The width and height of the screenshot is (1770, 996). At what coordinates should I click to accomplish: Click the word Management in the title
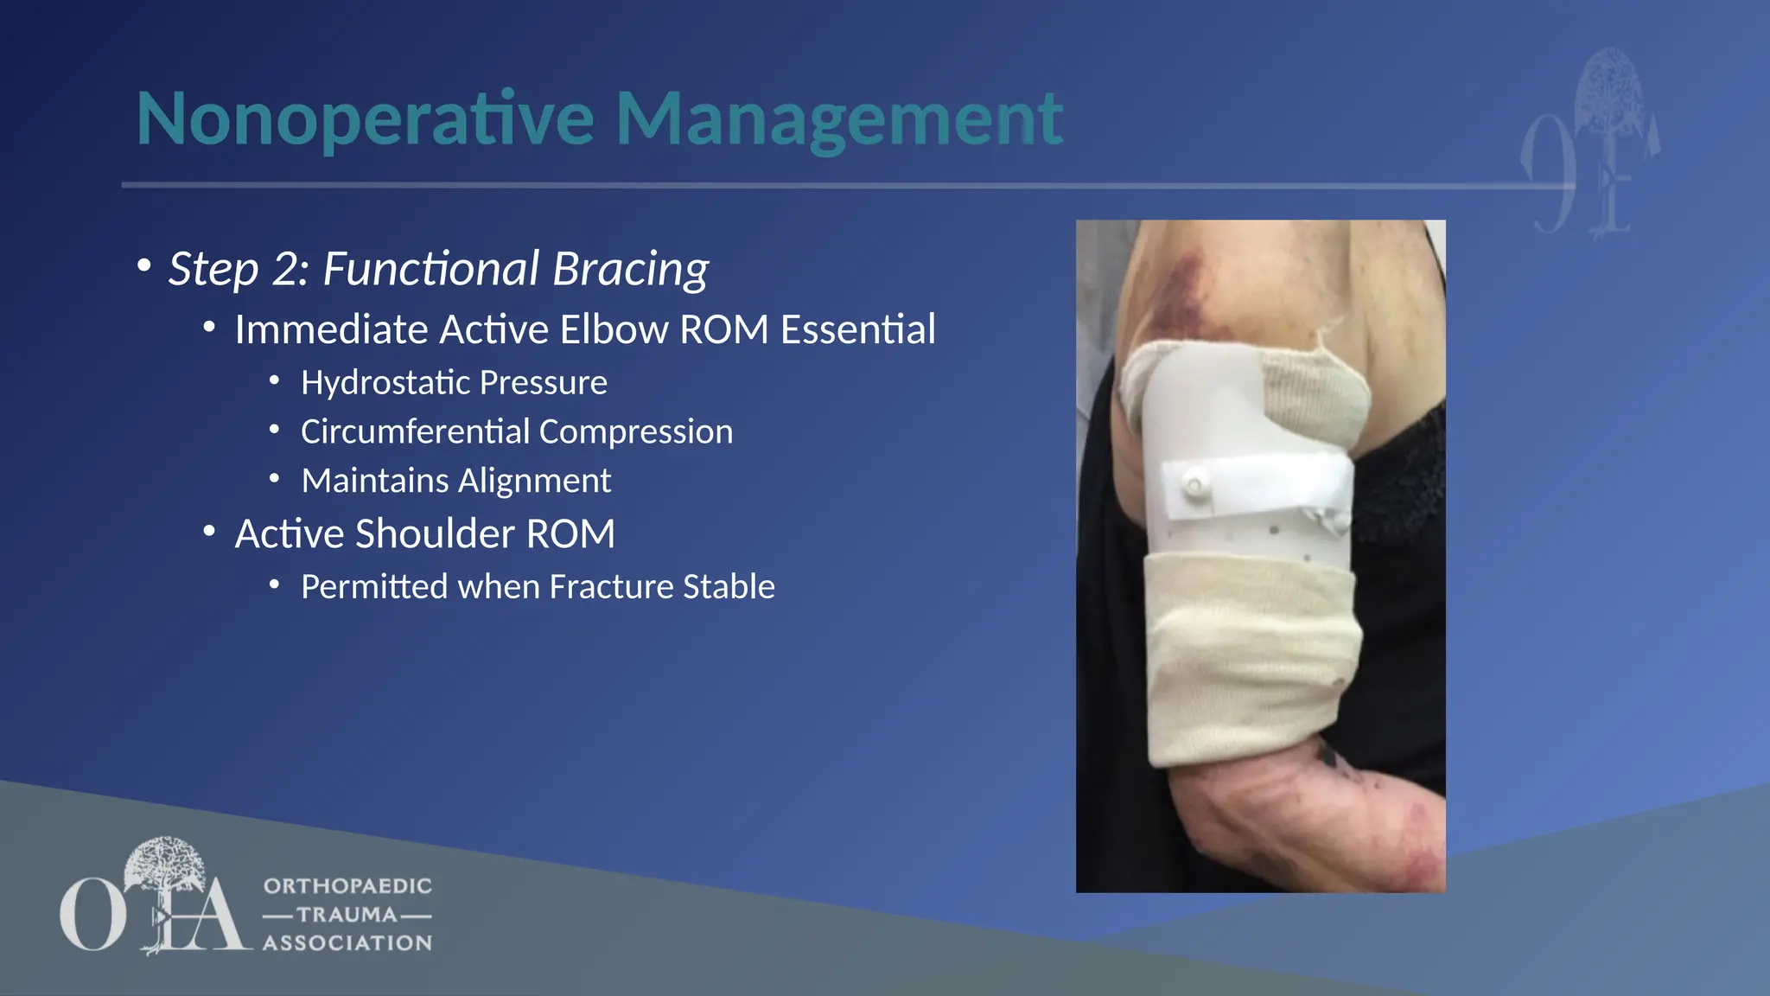coord(838,119)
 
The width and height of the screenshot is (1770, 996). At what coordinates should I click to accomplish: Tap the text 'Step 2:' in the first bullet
coord(239,269)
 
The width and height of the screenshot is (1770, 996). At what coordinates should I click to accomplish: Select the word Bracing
coord(630,269)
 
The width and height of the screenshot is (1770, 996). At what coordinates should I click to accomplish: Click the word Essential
coord(857,329)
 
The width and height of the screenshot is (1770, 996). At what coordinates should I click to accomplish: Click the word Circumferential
coord(414,431)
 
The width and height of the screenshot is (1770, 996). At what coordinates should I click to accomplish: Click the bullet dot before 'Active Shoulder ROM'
coord(209,532)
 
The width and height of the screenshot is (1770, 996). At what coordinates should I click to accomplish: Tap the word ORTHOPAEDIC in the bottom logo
coord(347,886)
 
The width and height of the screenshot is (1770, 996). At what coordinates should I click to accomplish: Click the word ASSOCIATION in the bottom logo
coord(347,943)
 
